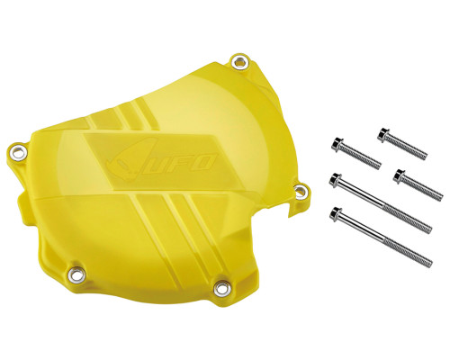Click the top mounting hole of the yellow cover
[x=240, y=62]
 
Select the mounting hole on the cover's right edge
[x=301, y=191]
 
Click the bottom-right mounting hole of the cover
[x=222, y=288]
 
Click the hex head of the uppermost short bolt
[x=383, y=134]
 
